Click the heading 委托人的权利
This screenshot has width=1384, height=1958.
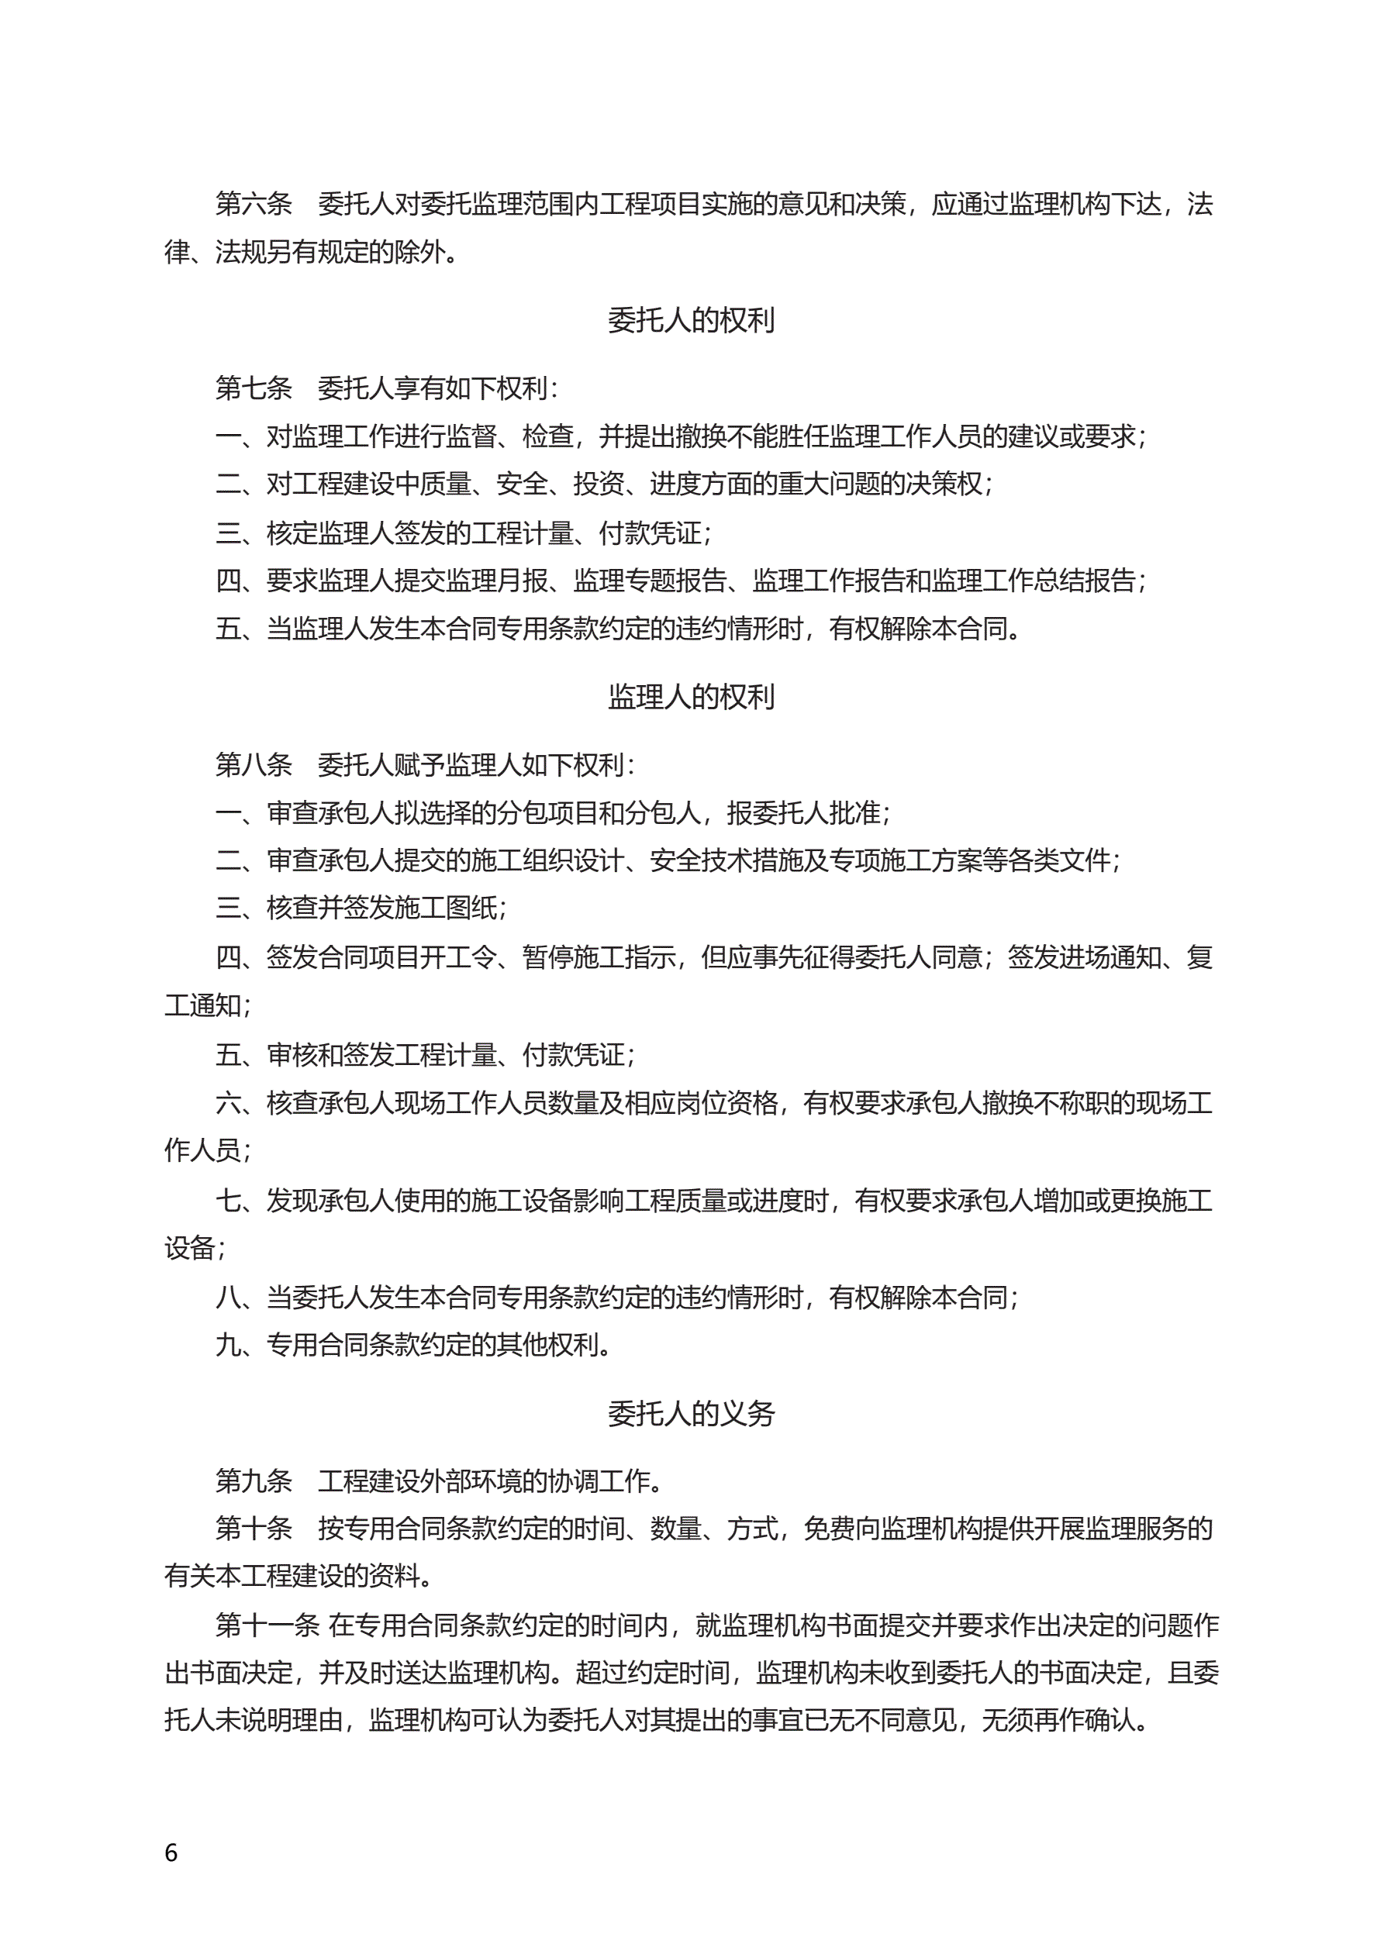pos(691,320)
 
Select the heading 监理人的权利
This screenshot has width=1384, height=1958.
pos(691,697)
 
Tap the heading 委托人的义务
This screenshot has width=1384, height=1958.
pos(691,1413)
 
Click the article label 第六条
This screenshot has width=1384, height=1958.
pos(254,204)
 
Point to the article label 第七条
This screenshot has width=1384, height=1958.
pos(254,388)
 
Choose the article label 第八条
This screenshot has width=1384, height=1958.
pos(254,764)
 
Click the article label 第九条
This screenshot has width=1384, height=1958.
pos(254,1481)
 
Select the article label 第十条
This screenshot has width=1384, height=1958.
pos(254,1529)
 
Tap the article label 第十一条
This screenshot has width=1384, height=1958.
pos(267,1625)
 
